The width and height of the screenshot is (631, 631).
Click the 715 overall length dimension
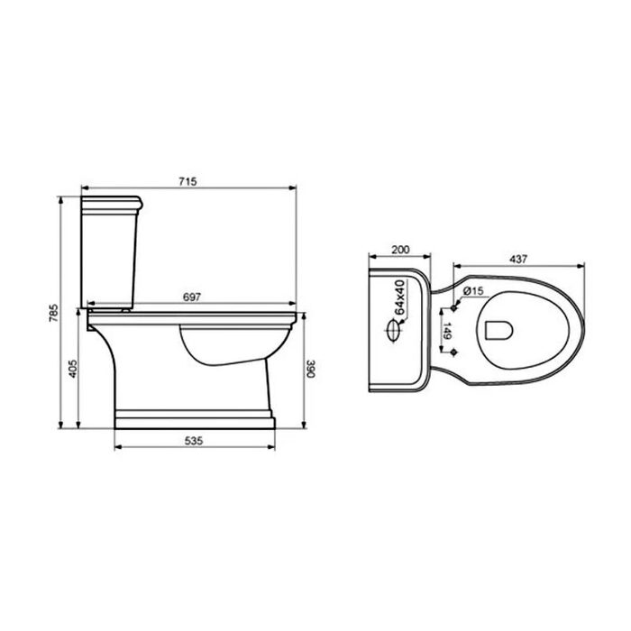pos(187,181)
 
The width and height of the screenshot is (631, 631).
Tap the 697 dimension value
pos(191,297)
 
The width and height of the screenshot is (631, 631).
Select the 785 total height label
pos(53,313)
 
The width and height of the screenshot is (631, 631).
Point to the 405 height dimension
pos(73,369)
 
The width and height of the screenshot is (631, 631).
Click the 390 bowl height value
pos(310,368)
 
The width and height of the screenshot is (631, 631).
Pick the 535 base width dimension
pos(194,441)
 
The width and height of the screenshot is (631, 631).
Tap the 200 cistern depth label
pos(400,250)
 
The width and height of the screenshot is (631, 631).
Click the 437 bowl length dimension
pos(518,260)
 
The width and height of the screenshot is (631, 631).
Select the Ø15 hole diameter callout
pos(473,290)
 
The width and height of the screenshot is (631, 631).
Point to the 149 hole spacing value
pos(448,331)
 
